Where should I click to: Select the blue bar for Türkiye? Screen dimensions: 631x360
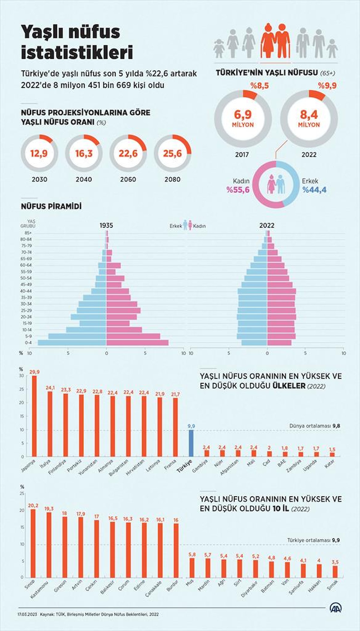coord(191,443)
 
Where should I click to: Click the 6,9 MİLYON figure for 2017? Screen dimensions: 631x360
coord(243,118)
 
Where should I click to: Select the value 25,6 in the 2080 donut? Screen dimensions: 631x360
coord(172,154)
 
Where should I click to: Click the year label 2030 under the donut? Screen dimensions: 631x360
coord(39,179)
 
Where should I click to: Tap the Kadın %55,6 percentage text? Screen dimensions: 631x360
coord(238,190)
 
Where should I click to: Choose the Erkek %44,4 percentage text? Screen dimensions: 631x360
coord(314,190)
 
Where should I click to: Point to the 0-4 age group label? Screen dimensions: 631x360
coord(28,342)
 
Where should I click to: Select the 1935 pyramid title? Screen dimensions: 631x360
coord(106,226)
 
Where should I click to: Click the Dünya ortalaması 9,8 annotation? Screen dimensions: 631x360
coord(315,426)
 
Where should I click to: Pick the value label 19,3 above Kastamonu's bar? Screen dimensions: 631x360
coord(49,509)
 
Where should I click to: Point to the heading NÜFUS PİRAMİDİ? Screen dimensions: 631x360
coord(51,207)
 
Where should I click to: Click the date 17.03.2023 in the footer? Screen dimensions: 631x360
coord(27,614)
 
